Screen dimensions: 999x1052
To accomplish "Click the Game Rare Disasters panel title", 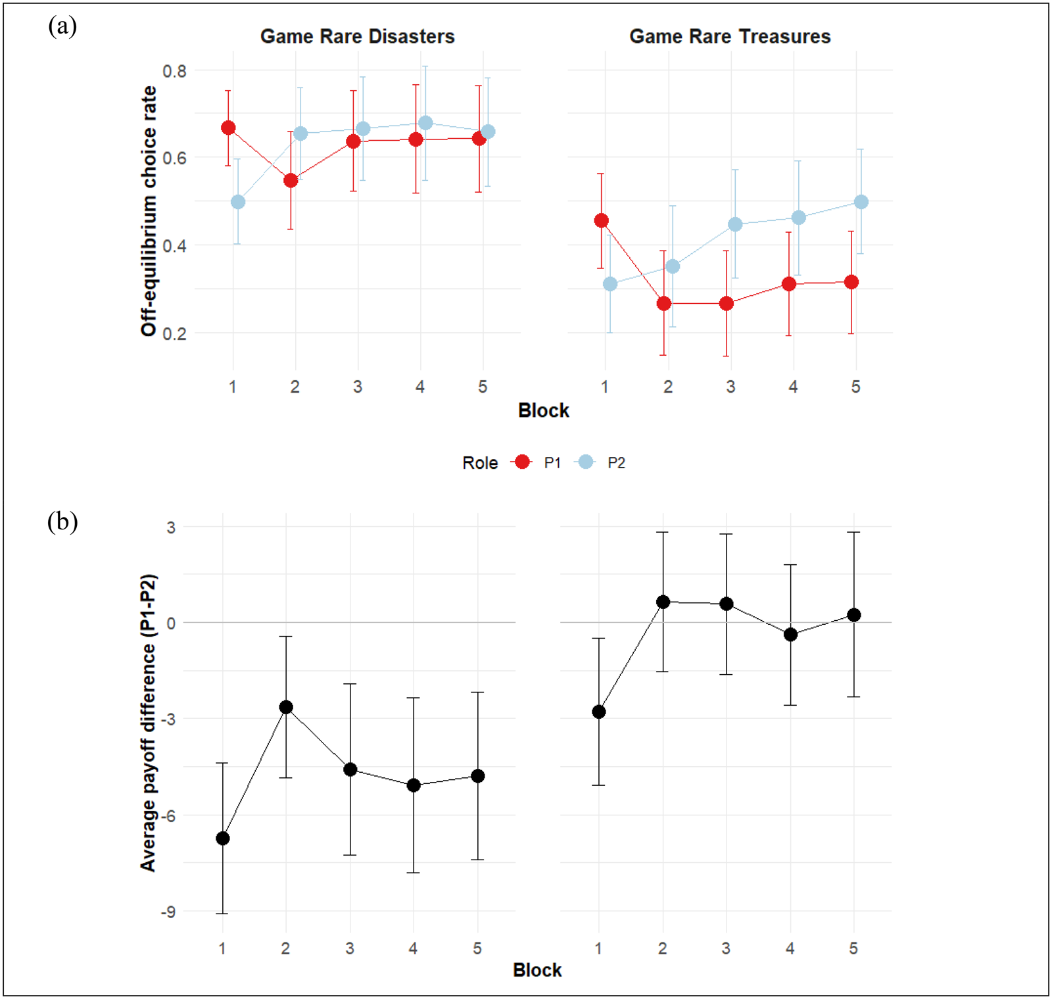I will click(357, 36).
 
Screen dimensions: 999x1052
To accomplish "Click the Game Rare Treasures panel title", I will click(730, 36).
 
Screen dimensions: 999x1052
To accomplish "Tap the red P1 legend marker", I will click(522, 462).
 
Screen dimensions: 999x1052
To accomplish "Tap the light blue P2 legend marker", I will click(585, 462).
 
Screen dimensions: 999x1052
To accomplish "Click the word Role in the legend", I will click(480, 463).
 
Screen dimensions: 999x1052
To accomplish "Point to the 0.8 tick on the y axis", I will click(174, 70).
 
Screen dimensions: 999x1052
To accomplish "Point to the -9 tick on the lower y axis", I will click(168, 912).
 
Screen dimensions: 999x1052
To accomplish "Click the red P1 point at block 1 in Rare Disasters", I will click(228, 128).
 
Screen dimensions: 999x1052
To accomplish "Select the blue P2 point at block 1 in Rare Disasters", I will click(238, 202).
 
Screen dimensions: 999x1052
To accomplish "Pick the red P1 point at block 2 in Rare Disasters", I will click(291, 180).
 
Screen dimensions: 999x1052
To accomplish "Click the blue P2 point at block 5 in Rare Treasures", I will click(861, 202).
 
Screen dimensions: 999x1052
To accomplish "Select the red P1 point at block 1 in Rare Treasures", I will click(601, 220).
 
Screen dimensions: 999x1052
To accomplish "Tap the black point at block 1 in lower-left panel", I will click(223, 838).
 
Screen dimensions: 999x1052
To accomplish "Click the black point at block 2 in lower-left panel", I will click(286, 707).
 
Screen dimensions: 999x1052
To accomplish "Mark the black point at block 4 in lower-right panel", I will click(790, 635).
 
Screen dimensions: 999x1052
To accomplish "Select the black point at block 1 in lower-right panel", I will click(599, 712).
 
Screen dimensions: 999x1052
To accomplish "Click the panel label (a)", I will click(62, 26).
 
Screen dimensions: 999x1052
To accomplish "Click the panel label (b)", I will click(62, 522).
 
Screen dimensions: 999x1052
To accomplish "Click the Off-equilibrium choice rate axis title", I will click(149, 210).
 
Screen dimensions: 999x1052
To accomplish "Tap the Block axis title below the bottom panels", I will click(537, 970).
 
